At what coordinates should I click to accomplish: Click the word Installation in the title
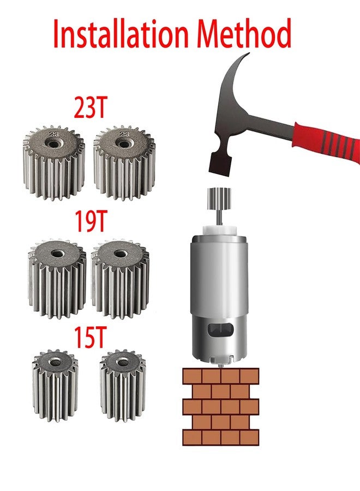[x=121, y=33]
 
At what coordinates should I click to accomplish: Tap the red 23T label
[x=91, y=107]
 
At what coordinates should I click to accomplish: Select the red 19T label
[x=91, y=221]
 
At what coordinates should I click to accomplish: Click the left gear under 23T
[x=54, y=163]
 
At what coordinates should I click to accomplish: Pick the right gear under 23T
[x=124, y=163]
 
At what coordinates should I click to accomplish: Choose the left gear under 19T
[x=57, y=279]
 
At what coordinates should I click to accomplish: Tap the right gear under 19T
[x=120, y=279]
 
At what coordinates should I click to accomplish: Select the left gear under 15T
[x=55, y=385]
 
